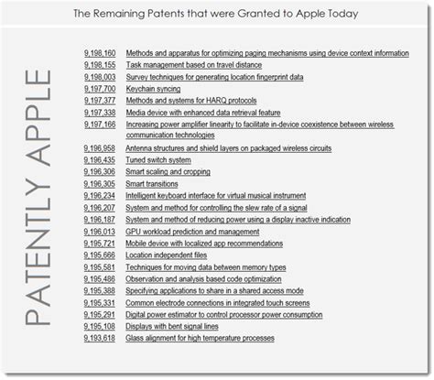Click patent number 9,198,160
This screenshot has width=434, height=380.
click(x=99, y=53)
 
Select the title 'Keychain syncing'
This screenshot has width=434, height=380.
click(x=154, y=89)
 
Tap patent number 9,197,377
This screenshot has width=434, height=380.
click(x=99, y=101)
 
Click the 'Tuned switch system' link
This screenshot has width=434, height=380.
click(x=158, y=159)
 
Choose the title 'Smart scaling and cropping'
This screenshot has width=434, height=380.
click(x=169, y=171)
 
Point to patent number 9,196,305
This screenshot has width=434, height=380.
click(x=99, y=183)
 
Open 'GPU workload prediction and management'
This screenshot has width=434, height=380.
click(x=192, y=231)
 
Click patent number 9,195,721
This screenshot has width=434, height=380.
click(x=99, y=243)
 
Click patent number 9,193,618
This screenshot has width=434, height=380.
click(x=99, y=338)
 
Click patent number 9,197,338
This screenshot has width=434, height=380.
click(x=99, y=113)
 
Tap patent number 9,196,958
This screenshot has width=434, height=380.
click(x=99, y=147)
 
